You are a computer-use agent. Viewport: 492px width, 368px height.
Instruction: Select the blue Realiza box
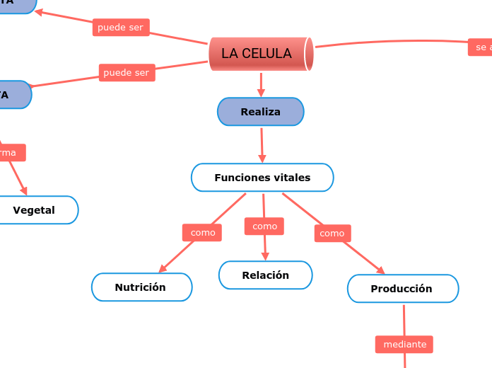coord(260,112)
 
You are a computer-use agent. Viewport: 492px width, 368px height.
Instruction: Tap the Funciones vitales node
coord(262,178)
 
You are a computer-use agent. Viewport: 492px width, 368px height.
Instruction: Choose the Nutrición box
coord(141,287)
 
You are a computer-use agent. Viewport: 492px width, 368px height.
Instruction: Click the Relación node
coord(265,275)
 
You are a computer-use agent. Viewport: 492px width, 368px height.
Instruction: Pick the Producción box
coord(402,289)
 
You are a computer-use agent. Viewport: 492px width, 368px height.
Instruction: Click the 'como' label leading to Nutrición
coord(202,232)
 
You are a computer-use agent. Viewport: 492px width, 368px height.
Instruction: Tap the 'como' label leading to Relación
coord(264,226)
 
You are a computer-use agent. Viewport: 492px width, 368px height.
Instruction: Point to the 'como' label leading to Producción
coord(332,233)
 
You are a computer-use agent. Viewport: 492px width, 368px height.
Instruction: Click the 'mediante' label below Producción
coord(404,344)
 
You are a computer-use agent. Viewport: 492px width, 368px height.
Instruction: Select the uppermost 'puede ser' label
coord(120,28)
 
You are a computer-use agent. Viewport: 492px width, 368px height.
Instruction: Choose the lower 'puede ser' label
coord(127,72)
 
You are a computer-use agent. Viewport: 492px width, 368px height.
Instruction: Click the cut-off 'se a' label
coord(481,47)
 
